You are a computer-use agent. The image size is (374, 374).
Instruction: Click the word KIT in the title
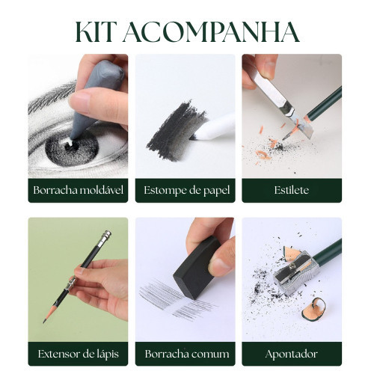click(x=95, y=32)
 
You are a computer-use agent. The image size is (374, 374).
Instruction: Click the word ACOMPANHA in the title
click(x=211, y=32)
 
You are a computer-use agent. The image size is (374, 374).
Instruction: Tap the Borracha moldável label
click(x=78, y=190)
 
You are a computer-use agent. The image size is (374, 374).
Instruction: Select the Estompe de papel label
click(x=186, y=191)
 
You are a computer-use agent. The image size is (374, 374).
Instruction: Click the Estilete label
click(x=292, y=190)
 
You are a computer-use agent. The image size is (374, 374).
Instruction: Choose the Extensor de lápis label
click(x=78, y=354)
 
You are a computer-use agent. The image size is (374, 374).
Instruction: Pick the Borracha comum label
click(x=187, y=354)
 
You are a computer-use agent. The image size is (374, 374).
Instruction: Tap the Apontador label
click(x=292, y=355)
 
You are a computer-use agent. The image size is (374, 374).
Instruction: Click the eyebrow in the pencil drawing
click(x=52, y=96)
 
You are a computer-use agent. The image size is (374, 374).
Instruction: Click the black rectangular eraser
click(x=197, y=268)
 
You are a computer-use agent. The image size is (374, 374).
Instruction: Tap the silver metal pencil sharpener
click(x=295, y=274)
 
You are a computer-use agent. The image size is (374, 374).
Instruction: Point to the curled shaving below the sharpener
click(x=313, y=309)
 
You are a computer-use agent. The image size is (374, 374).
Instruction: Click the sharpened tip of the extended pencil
click(x=44, y=322)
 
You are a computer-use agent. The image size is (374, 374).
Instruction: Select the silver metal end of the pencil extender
click(x=105, y=236)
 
